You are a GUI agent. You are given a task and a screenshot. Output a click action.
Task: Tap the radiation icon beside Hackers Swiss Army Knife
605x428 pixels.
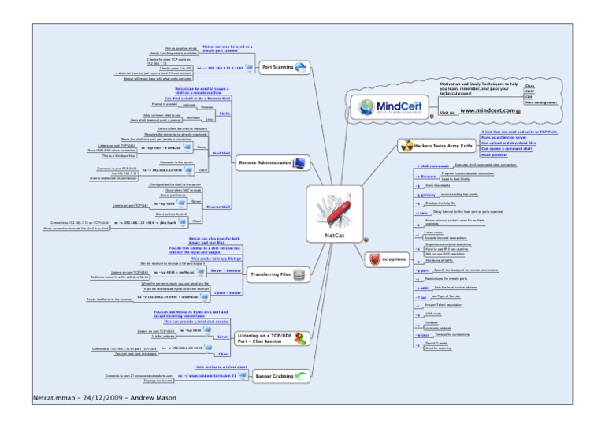click(x=406, y=146)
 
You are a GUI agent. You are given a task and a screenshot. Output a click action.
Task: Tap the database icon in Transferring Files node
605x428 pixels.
click(x=299, y=274)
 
